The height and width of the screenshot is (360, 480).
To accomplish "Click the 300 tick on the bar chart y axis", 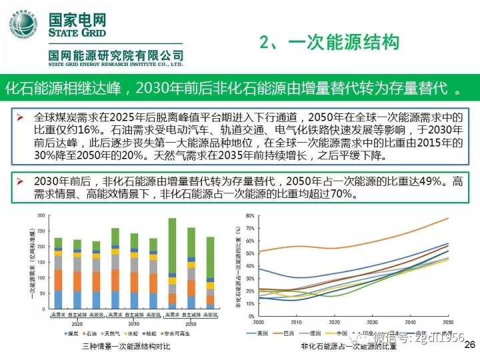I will point(41,215).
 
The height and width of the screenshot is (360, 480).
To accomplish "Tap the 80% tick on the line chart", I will point(250,215).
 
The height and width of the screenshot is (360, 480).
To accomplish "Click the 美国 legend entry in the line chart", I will point(265,333).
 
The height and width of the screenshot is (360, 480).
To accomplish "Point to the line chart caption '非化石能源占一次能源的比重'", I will point(347,347).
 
